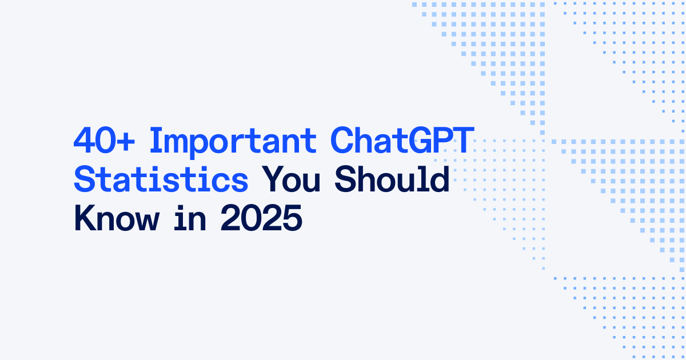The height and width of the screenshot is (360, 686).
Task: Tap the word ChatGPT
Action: click(x=401, y=141)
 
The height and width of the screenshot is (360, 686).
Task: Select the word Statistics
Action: click(x=161, y=181)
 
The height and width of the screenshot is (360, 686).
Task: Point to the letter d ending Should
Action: click(x=440, y=181)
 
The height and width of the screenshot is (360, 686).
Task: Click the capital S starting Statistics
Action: click(x=85, y=181)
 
